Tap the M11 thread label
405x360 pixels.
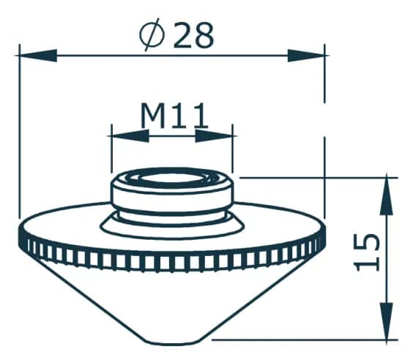click(x=174, y=115)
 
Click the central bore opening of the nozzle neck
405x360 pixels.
click(x=172, y=180)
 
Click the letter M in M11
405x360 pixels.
click(x=152, y=115)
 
